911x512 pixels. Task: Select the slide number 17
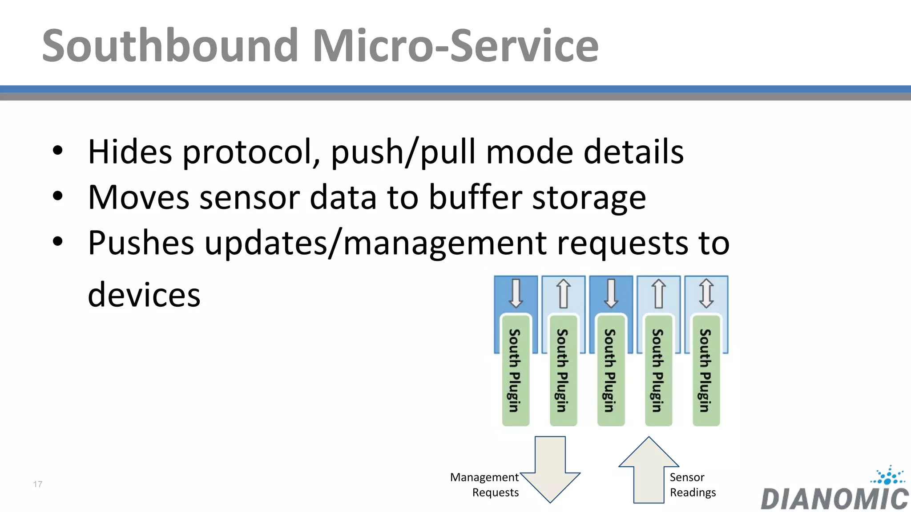tap(38, 484)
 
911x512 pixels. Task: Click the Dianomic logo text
tap(834, 499)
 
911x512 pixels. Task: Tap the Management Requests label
tap(484, 484)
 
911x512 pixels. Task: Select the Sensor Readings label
tap(693, 484)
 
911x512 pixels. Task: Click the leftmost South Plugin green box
tap(516, 370)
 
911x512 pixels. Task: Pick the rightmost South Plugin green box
tap(706, 370)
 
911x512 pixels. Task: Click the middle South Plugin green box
tap(611, 370)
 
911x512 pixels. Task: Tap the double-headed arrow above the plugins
tap(706, 293)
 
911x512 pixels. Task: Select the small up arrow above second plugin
tap(563, 293)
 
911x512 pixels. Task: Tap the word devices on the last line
tap(144, 295)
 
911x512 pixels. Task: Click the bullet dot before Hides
tap(57, 151)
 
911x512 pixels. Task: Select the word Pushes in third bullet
tap(141, 243)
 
